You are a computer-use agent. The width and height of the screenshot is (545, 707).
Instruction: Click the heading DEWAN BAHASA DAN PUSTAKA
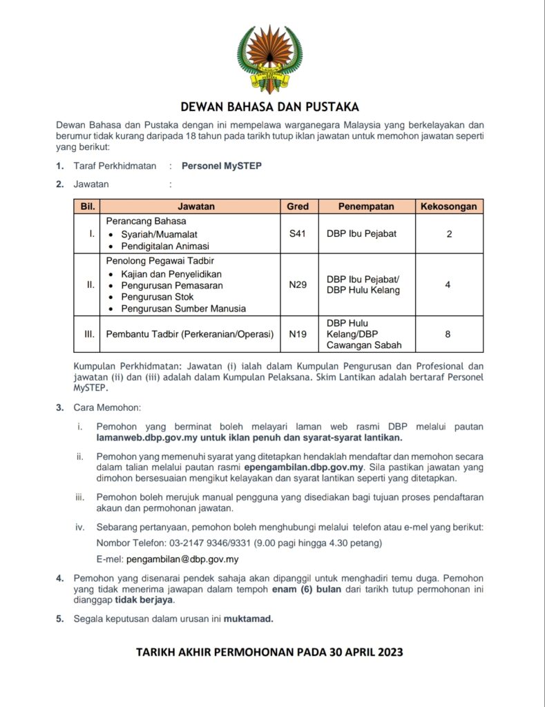[269, 107]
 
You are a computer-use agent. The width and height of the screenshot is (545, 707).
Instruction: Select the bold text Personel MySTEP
[222, 166]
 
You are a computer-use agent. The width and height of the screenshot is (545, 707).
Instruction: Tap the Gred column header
[298, 206]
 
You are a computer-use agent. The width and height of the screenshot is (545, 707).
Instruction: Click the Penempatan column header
[365, 206]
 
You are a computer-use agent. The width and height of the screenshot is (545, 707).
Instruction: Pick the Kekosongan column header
[449, 206]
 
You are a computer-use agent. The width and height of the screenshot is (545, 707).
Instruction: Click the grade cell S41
[298, 234]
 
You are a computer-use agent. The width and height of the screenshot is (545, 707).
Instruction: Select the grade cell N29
[298, 284]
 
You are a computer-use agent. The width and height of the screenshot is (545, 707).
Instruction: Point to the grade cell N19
[298, 334]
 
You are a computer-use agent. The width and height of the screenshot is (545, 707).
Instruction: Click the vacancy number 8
[448, 334]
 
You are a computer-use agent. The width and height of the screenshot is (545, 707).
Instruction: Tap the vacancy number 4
[448, 284]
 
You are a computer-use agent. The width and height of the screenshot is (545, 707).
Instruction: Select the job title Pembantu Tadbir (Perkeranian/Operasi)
[189, 334]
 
